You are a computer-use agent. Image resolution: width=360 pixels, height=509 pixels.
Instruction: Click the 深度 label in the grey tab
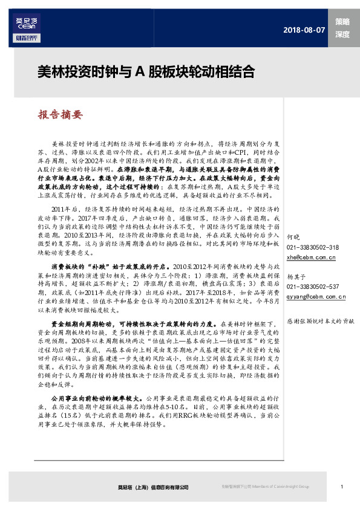[342, 35]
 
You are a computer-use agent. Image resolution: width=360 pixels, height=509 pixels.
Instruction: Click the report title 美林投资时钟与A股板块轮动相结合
[146, 72]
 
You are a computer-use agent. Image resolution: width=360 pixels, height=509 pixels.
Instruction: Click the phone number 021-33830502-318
[312, 247]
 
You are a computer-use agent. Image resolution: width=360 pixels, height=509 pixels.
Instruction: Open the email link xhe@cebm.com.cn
[311, 257]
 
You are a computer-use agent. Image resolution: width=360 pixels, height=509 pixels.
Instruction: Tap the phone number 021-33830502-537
[312, 286]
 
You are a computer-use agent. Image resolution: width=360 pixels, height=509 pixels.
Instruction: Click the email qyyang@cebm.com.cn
[316, 296]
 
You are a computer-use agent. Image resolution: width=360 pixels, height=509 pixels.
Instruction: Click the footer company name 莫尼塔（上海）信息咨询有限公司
[153, 487]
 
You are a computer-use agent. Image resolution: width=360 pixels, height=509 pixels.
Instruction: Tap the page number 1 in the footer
[342, 487]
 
